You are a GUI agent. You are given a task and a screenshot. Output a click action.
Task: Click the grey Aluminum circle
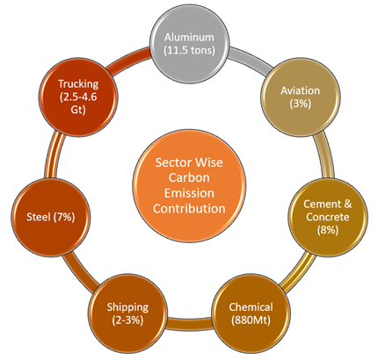tap(190, 44)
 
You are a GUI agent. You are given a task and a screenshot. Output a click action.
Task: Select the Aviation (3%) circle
tap(301, 97)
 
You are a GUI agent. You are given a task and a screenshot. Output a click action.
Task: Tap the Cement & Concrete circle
tap(328, 217)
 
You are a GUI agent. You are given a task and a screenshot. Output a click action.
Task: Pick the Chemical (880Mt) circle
tap(251, 313)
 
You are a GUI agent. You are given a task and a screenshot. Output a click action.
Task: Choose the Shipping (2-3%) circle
tap(127, 313)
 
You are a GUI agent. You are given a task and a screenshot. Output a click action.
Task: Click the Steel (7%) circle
tap(51, 217)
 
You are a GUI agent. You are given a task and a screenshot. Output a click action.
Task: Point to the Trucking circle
tap(78, 97)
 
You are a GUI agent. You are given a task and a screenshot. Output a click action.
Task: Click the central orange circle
tap(189, 185)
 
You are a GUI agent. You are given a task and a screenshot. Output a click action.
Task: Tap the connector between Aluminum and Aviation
tap(251, 61)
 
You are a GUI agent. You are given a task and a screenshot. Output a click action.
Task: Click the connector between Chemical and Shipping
tap(189, 322)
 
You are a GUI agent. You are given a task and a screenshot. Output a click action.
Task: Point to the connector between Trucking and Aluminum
tap(128, 61)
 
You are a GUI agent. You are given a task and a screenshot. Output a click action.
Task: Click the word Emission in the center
tap(189, 193)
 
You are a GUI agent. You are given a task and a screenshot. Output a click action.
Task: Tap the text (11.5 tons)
tap(189, 50)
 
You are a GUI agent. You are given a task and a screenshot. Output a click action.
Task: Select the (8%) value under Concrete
tap(328, 230)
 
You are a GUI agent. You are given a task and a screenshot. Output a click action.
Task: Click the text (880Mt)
tap(251, 320)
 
